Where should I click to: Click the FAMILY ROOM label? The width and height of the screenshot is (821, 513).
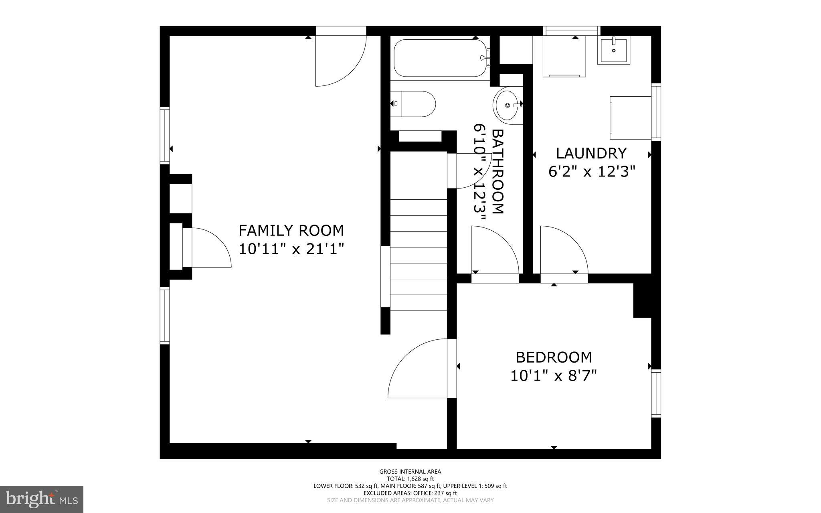291,231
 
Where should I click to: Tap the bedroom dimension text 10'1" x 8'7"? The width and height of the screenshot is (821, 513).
554,376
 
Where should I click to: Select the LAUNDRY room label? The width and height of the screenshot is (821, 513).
591,153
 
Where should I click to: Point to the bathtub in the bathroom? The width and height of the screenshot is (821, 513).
440,58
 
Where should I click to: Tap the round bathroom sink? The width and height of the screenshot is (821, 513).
508,105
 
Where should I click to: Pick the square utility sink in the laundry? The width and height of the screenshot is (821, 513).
613,50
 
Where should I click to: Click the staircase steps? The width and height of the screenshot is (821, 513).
419,255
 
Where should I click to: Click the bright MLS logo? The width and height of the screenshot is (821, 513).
42,499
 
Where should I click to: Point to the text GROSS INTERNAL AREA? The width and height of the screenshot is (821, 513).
410,472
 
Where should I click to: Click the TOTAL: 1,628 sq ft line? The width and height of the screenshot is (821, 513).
410,479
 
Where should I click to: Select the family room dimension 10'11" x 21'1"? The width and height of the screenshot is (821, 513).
291,249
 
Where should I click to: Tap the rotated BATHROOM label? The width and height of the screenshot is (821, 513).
497,172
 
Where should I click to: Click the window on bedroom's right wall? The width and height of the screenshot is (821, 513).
656,393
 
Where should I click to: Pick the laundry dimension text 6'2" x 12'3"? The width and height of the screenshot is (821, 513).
592,172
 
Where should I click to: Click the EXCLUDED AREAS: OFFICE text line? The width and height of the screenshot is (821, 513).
410,493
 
